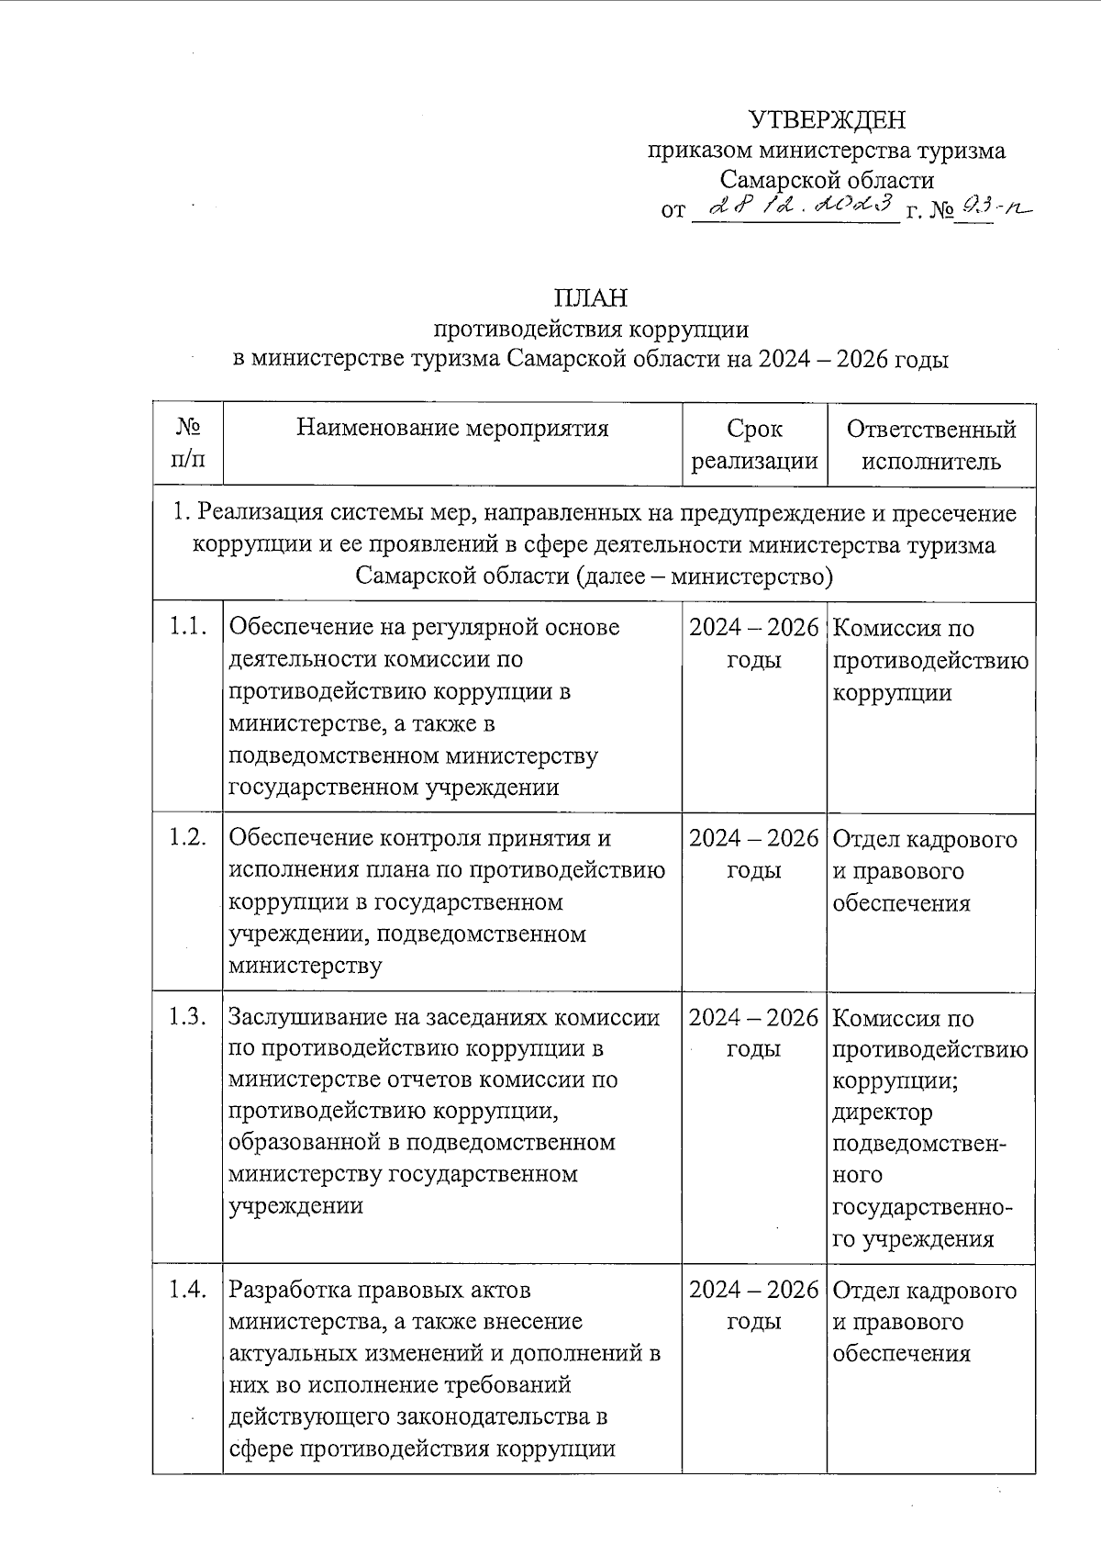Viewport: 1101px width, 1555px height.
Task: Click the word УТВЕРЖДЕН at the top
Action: pyautogui.click(x=827, y=120)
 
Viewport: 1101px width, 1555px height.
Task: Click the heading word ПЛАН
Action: pyautogui.click(x=590, y=298)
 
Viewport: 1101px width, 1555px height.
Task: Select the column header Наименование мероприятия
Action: pyautogui.click(x=452, y=428)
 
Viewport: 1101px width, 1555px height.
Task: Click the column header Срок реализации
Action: pyautogui.click(x=754, y=444)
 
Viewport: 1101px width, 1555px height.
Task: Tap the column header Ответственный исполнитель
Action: pyautogui.click(x=931, y=444)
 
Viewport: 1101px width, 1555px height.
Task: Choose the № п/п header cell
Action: pyautogui.click(x=187, y=444)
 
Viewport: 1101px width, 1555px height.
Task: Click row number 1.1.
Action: pyautogui.click(x=187, y=627)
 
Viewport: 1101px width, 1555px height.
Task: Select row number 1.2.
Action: pyautogui.click(x=187, y=838)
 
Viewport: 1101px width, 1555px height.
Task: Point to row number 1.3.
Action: pyautogui.click(x=187, y=1017)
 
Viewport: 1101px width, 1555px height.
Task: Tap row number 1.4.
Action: pyautogui.click(x=187, y=1290)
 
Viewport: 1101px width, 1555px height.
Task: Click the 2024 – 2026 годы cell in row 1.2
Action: pyautogui.click(x=753, y=854)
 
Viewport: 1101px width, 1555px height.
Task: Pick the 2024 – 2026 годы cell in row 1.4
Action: pyautogui.click(x=753, y=1305)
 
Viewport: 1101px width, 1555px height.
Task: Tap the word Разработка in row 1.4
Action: pyautogui.click(x=288, y=1290)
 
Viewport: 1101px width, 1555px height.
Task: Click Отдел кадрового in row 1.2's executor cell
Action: pyautogui.click(x=925, y=839)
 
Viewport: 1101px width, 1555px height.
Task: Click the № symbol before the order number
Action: pyautogui.click(x=942, y=212)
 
